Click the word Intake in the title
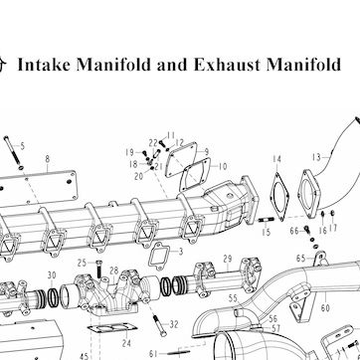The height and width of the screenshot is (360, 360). coord(44,65)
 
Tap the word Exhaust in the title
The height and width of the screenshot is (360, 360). coord(227,65)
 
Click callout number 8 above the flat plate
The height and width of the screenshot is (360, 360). coord(48,159)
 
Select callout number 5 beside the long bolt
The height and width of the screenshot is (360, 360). coord(23,146)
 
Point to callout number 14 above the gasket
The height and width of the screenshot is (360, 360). coord(276,159)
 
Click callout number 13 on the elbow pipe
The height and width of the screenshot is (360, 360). coord(317,157)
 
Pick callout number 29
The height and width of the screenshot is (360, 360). coord(228,259)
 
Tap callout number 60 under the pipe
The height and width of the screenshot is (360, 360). coord(325,308)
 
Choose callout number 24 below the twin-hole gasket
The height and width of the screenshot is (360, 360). coord(126,343)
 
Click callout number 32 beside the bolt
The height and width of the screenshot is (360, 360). coord(174,324)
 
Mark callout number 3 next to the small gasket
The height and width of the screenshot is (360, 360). coord(181,252)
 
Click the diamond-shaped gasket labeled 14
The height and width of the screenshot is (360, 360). coord(279,197)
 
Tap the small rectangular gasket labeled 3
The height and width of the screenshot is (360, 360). coord(159,256)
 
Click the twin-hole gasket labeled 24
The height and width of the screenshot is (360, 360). coord(112,329)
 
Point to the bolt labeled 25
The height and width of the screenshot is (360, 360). coord(98,270)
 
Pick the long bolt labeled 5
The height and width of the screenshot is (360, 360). coord(13,152)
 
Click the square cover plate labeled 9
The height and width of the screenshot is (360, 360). coord(181,160)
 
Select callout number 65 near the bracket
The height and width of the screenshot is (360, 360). coord(300,259)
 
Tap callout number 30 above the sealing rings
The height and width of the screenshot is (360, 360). coord(52,275)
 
